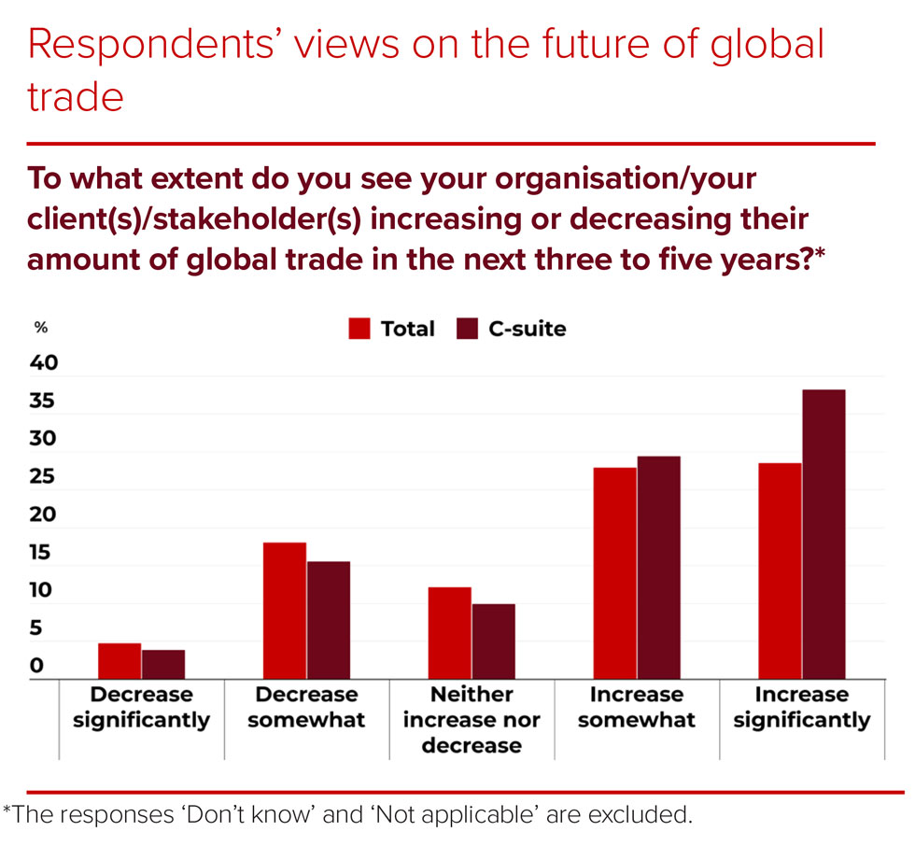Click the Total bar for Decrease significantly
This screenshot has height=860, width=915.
tap(120, 661)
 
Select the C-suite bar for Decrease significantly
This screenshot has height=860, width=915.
tap(163, 665)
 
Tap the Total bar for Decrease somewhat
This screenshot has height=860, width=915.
tap(285, 611)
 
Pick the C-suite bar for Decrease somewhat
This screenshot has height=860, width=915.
tap(329, 620)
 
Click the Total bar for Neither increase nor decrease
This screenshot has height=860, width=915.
tap(450, 633)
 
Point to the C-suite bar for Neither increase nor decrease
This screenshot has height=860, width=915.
tap(493, 641)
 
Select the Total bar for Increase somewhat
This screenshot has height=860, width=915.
tap(615, 573)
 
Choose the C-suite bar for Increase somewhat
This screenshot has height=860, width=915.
tap(658, 568)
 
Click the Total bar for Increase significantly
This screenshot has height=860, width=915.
tap(781, 571)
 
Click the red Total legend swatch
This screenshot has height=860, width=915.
tap(360, 329)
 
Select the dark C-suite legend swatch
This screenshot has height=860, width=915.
tap(467, 329)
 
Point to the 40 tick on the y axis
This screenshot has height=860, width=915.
tap(45, 363)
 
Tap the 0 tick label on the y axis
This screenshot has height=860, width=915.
tap(37, 666)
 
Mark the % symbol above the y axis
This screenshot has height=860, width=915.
tap(41, 328)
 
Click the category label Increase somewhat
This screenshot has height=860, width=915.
tap(637, 707)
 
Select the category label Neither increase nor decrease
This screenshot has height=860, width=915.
tap(472, 719)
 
